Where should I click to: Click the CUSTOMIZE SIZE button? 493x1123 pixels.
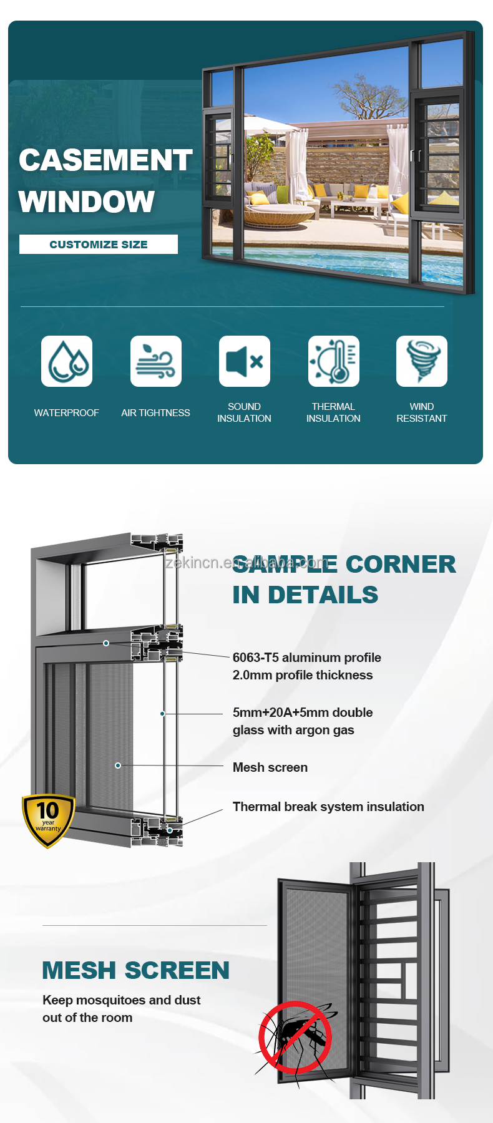(x=99, y=244)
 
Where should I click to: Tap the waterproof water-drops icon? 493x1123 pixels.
(x=67, y=361)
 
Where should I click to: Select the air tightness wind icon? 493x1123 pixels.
(x=156, y=361)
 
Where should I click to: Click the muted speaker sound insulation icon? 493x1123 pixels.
(x=245, y=361)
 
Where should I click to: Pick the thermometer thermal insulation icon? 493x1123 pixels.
(x=334, y=361)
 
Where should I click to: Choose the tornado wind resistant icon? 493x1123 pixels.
(x=422, y=361)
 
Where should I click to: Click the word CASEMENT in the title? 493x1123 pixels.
(x=105, y=160)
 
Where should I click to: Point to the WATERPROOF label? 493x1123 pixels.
(x=67, y=413)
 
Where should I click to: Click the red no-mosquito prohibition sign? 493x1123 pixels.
(x=295, y=1038)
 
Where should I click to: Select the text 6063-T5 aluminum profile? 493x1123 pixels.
(x=307, y=658)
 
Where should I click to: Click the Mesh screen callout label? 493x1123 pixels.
(x=270, y=767)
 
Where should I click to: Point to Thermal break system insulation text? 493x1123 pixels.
(x=328, y=807)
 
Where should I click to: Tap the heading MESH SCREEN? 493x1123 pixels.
(x=136, y=971)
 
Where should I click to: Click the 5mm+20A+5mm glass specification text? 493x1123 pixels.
(x=303, y=721)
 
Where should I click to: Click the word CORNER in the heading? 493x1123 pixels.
(x=401, y=564)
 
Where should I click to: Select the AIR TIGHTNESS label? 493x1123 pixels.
(x=156, y=413)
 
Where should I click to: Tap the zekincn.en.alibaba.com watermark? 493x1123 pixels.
(x=246, y=563)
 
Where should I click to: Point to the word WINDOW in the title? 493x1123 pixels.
(x=87, y=202)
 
